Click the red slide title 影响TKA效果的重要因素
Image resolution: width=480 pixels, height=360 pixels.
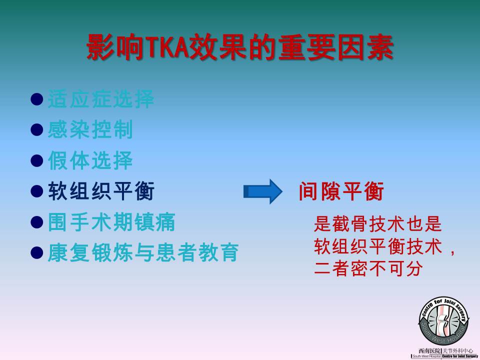pos(239,47)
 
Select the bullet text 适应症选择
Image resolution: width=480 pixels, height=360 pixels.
pos(100,99)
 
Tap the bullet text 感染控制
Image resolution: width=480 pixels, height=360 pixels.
pos(90,129)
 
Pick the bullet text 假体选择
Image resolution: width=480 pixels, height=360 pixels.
pos(90,160)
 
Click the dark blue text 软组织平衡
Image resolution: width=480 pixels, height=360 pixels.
pos(101,191)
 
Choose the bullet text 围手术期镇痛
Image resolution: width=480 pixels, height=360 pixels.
pos(111,222)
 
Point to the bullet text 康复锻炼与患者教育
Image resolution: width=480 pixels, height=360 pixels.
pos(143,252)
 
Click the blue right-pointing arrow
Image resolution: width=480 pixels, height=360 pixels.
pos(263,191)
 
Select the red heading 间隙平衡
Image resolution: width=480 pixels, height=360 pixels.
pos(341,191)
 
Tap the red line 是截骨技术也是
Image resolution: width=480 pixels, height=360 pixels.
pos(378,224)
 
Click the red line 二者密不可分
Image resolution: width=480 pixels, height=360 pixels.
pos(368,268)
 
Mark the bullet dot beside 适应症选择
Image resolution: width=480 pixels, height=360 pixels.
pos(36,99)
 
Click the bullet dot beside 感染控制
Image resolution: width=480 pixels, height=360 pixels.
pos(36,129)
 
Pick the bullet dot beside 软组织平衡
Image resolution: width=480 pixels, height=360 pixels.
pos(36,191)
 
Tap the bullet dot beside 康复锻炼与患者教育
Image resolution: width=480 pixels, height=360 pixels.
pos(36,253)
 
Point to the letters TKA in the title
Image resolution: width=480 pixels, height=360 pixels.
pos(167,48)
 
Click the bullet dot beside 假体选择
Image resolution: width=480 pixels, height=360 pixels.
pos(36,160)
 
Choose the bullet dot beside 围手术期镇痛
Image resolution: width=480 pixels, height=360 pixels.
pos(36,222)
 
